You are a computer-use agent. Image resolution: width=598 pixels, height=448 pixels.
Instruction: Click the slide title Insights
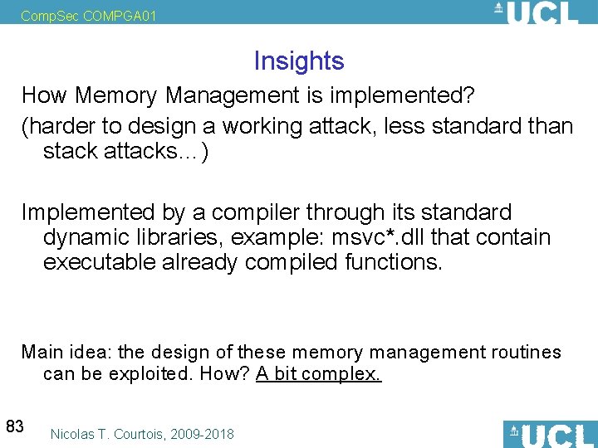tap(298, 61)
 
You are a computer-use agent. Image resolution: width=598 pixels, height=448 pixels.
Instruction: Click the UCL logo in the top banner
tap(536, 13)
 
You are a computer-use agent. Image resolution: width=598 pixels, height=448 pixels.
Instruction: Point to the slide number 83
tap(14, 426)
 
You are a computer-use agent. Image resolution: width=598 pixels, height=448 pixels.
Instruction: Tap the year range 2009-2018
tap(204, 434)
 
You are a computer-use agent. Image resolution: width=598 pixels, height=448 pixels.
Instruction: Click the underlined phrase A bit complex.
tap(319, 374)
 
